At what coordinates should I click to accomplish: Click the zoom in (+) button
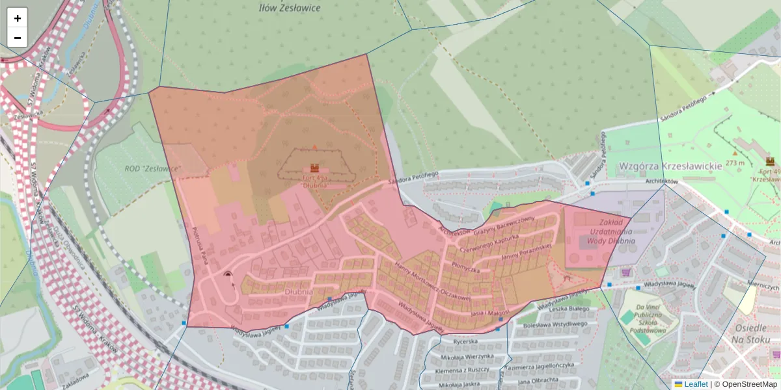click(18, 18)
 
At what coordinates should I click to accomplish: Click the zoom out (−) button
click(18, 38)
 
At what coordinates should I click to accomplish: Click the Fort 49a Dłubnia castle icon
click(314, 167)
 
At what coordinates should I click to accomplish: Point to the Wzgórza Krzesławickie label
click(670, 166)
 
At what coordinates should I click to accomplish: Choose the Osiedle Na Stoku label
click(750, 334)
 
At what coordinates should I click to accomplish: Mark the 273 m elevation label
click(735, 163)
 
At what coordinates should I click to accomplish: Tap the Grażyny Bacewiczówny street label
click(504, 225)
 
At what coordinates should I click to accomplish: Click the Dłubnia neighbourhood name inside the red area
click(299, 292)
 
